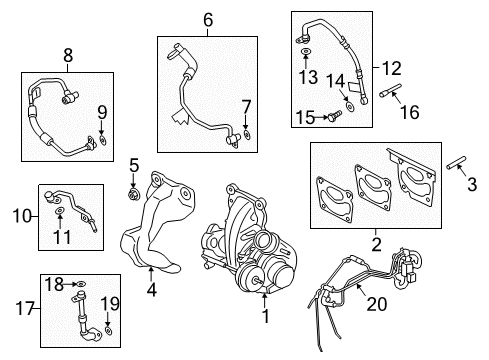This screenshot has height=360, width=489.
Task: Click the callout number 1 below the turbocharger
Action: (264, 317)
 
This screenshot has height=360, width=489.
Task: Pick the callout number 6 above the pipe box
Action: (208, 19)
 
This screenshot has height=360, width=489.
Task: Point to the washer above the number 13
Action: (306, 49)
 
